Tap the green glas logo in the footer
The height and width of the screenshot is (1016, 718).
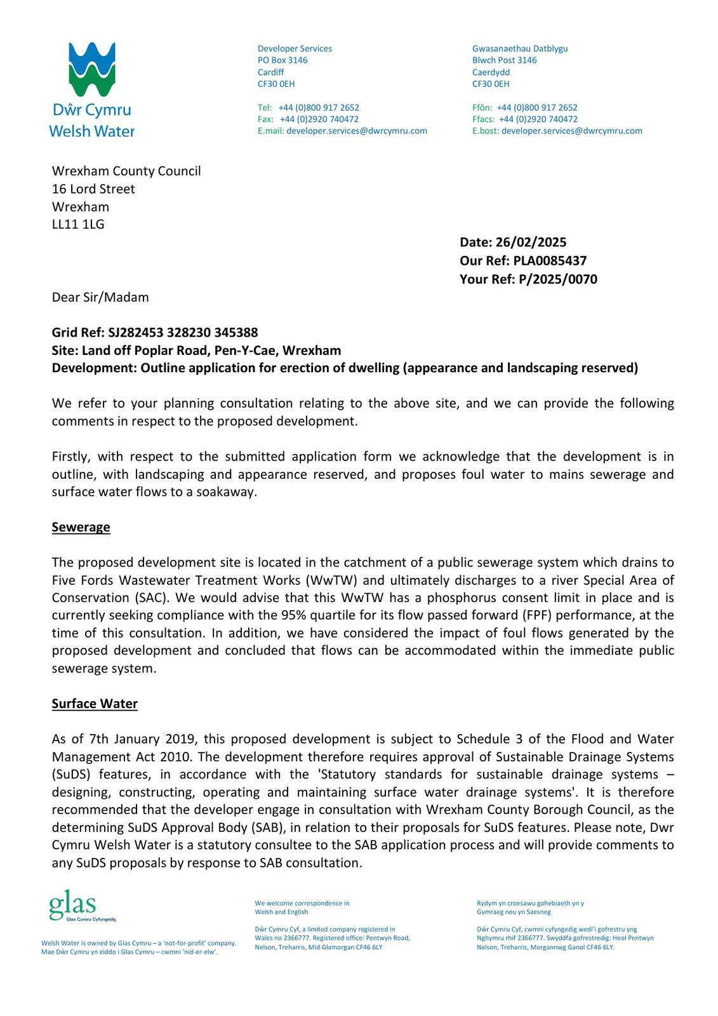(x=72, y=906)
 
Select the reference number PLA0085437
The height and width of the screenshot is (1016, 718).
(x=550, y=260)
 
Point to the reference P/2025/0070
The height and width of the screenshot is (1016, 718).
(x=557, y=279)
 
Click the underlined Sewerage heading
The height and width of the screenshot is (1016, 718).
(x=81, y=527)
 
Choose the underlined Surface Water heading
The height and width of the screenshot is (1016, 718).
(x=95, y=704)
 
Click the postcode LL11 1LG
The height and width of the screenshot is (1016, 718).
(x=78, y=224)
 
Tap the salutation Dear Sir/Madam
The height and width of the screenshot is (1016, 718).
(x=100, y=297)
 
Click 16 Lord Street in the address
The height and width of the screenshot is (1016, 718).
(x=93, y=189)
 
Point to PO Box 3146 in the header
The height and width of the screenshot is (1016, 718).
(x=283, y=60)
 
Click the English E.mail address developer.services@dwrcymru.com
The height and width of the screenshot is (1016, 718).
(x=357, y=131)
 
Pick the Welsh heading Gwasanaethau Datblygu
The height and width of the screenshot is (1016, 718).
(x=520, y=48)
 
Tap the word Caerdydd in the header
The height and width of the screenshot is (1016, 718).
(x=491, y=72)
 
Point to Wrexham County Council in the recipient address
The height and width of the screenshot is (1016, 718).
(x=126, y=171)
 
